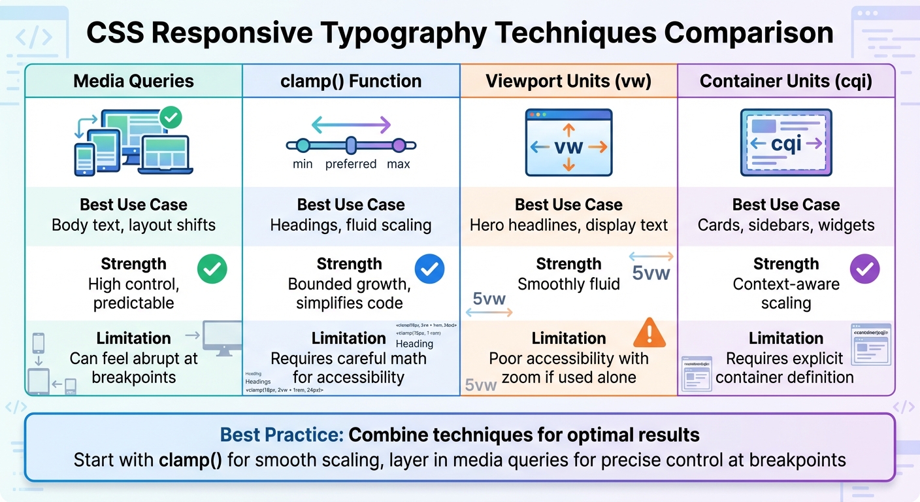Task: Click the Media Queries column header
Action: [133, 81]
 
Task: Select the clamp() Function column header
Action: [351, 81]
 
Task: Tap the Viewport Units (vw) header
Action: [568, 81]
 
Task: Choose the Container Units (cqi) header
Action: [786, 81]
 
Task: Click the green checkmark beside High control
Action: [212, 269]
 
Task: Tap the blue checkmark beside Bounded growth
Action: [429, 269]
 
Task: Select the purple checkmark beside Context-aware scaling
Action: [864, 269]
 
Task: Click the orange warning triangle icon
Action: [649, 333]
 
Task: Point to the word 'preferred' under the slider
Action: [351, 163]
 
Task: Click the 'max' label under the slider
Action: [399, 163]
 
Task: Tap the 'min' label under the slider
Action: [303, 163]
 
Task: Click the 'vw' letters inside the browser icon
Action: [568, 147]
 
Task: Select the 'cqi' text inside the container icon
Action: [786, 144]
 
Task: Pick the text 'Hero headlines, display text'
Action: [568, 226]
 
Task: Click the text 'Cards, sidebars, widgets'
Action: [786, 226]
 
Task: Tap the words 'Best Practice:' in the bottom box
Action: [282, 435]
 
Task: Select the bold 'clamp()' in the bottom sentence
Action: [190, 460]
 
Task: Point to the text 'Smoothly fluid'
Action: [568, 284]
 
